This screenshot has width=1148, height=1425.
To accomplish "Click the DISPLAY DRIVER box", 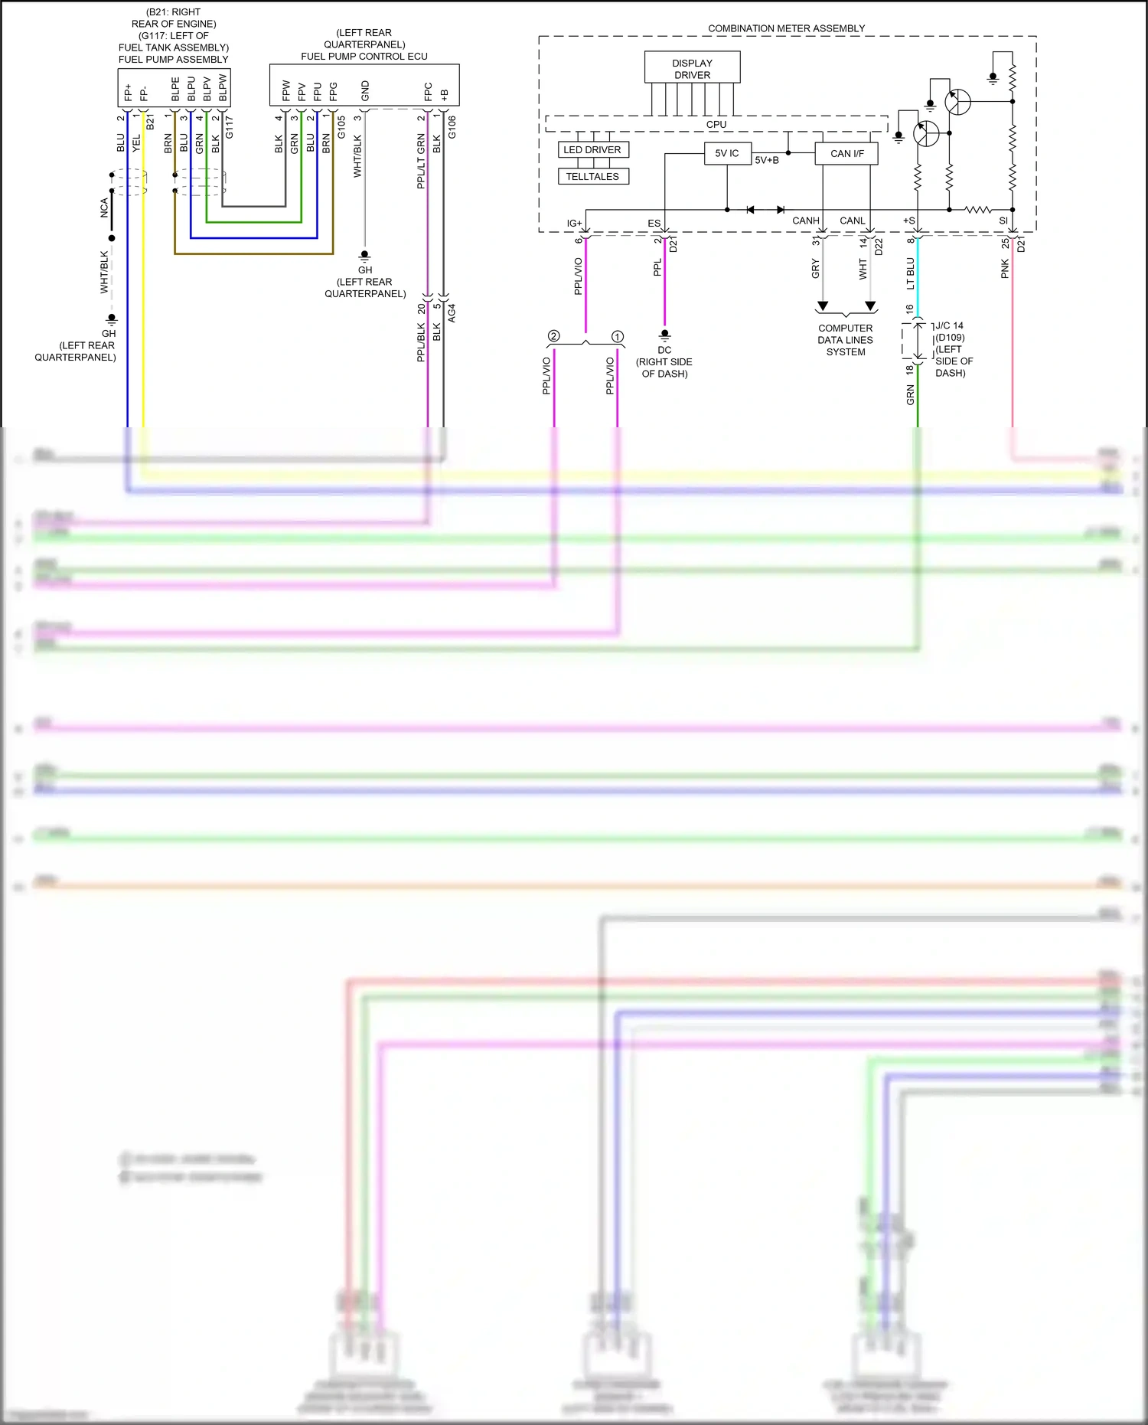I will tap(692, 68).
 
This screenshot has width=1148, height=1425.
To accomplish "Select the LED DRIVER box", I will tap(592, 150).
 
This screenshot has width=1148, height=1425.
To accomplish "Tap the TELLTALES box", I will tap(592, 177).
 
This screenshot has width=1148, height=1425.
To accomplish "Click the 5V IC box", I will tap(726, 153).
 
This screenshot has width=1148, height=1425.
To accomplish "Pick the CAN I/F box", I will tap(846, 154).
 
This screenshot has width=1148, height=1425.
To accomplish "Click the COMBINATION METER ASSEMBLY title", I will tap(786, 28).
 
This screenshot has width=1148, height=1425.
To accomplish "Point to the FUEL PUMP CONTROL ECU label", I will tap(364, 56).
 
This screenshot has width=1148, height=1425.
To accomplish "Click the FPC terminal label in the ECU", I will tap(428, 91).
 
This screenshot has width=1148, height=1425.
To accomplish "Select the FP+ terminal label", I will tap(128, 93).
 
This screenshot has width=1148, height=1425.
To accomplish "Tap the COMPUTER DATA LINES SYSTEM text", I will tap(845, 340).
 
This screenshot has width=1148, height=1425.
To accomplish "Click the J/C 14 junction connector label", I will tap(949, 325).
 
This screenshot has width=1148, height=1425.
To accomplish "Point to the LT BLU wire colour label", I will tap(911, 273).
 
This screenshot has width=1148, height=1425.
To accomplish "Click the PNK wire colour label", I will tap(1005, 268).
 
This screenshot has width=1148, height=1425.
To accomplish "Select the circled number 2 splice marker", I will tap(553, 336).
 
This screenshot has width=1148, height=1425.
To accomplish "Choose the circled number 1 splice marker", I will tap(617, 336).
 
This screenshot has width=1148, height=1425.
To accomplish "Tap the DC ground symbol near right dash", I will tap(664, 335).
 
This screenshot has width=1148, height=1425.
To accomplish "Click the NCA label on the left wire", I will tap(104, 208).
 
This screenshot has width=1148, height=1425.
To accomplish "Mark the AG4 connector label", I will tap(452, 312).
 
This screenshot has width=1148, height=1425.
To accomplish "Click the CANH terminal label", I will tap(805, 221).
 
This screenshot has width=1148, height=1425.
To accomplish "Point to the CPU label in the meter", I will tap(716, 124).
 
